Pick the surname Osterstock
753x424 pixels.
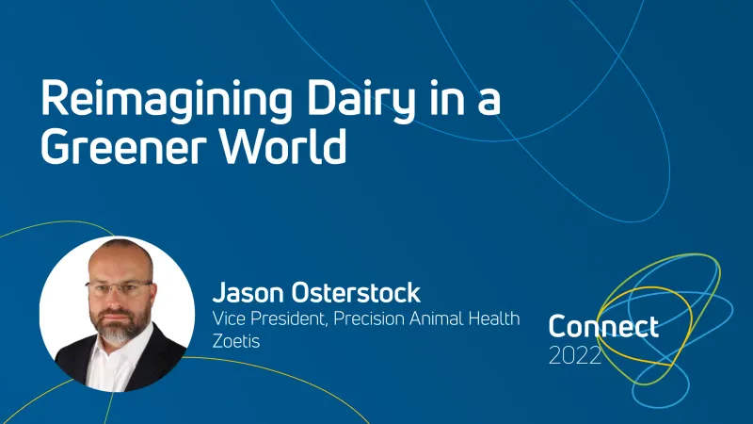pyautogui.click(x=355, y=291)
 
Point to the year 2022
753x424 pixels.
pyautogui.click(x=575, y=355)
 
